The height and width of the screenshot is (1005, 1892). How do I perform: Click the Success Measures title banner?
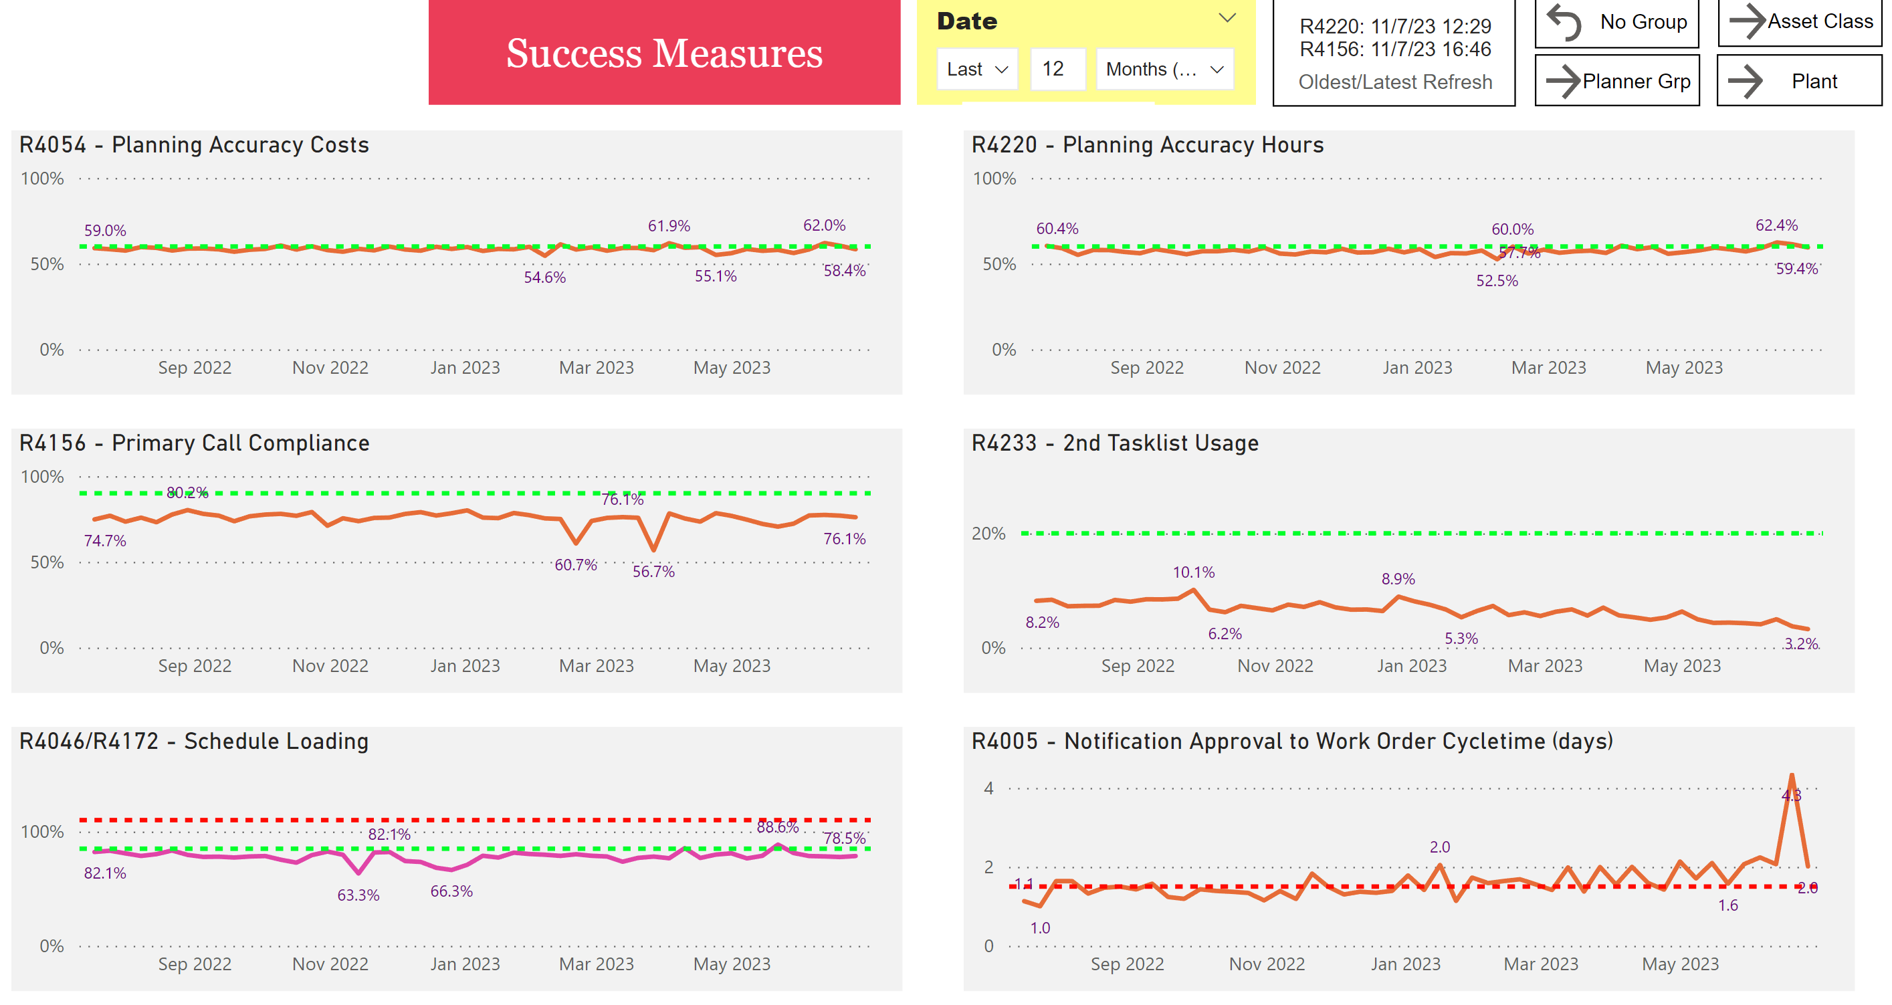tap(664, 53)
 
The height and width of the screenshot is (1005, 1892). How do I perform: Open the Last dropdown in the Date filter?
tap(977, 70)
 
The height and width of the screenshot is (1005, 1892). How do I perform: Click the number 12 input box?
tap(1057, 70)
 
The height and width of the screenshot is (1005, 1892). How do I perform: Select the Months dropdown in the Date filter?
tap(1164, 70)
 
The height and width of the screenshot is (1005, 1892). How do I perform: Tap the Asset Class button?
tap(1800, 22)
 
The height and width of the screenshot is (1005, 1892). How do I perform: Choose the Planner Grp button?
tap(1617, 81)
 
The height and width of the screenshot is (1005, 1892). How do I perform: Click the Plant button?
tap(1800, 81)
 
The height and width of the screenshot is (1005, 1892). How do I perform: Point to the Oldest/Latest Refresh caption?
tap(1395, 82)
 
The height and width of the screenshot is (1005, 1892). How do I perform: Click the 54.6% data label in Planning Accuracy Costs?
tap(544, 277)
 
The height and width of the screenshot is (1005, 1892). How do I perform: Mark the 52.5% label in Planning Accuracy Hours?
tap(1497, 281)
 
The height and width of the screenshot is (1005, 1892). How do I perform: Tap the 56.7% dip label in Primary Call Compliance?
tap(653, 572)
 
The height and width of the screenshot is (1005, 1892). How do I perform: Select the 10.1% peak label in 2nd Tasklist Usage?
tap(1194, 572)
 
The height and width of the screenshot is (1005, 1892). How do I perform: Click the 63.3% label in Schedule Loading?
tap(358, 895)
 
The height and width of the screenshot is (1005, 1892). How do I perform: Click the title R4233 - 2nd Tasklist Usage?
tap(1115, 443)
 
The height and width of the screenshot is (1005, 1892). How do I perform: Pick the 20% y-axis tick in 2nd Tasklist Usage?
tap(988, 534)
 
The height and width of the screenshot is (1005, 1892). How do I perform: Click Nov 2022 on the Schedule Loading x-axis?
tap(330, 964)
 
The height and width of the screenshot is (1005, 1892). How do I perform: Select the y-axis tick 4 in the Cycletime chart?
tap(988, 788)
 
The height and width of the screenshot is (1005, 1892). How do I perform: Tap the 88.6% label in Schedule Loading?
tap(778, 827)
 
